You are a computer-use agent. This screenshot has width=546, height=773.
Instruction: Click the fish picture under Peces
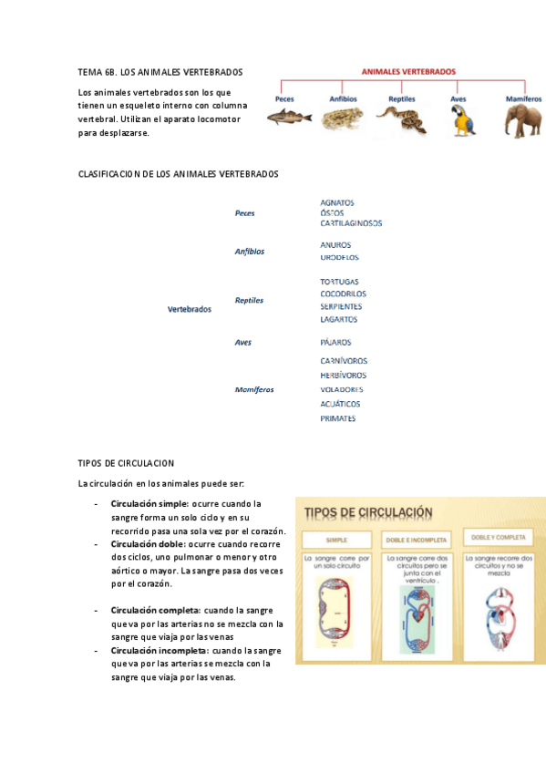pyautogui.click(x=289, y=117)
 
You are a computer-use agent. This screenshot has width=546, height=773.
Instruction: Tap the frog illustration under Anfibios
pyautogui.click(x=343, y=117)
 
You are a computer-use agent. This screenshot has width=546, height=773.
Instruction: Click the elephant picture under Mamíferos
pyautogui.click(x=523, y=119)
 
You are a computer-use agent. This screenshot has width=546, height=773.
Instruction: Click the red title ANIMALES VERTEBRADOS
pyautogui.click(x=408, y=70)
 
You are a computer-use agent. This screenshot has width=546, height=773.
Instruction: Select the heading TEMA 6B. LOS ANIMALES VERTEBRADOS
pyautogui.click(x=160, y=71)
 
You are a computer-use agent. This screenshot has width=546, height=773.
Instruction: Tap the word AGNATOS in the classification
pyautogui.click(x=337, y=202)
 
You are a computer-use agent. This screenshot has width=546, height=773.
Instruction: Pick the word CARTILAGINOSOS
pyautogui.click(x=351, y=223)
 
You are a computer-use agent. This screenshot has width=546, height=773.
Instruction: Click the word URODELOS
pyautogui.click(x=339, y=258)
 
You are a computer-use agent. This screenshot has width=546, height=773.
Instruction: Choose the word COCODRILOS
pyautogui.click(x=343, y=294)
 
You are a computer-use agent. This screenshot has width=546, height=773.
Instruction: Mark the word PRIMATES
pyautogui.click(x=338, y=419)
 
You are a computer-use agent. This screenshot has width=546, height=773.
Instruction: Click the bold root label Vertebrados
pyautogui.click(x=190, y=309)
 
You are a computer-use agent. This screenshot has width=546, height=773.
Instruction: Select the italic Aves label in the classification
pyautogui.click(x=242, y=343)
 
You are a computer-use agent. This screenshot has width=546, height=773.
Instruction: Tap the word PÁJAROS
pyautogui.click(x=335, y=343)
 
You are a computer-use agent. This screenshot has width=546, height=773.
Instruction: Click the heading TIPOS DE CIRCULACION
pyautogui.click(x=127, y=463)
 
